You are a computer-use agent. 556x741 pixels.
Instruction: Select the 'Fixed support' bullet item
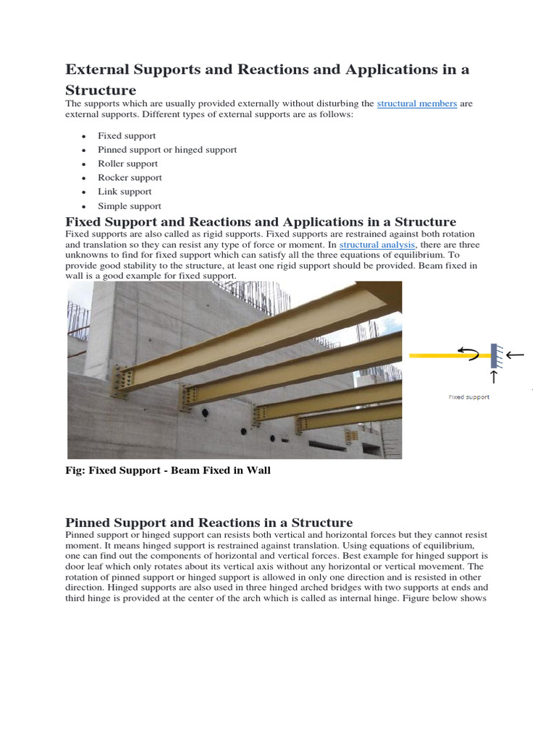pos(127,135)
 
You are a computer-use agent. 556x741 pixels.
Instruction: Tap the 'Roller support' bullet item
pos(127,164)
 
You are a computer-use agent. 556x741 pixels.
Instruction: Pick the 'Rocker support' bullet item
pos(130,177)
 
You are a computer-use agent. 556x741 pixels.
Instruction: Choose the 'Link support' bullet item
pos(125,192)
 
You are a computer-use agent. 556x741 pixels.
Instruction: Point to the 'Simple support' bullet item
pos(130,206)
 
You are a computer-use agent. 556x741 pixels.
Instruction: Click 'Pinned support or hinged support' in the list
pos(167,150)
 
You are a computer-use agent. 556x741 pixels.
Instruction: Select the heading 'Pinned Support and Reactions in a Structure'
pos(209,522)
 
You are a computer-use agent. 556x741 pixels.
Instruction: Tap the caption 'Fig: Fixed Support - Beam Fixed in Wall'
pos(168,470)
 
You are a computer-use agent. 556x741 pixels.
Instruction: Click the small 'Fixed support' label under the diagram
pos(468,397)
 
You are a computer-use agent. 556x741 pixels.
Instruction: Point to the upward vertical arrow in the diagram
pos(494,377)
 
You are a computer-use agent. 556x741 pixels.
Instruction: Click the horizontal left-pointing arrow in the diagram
pos(515,355)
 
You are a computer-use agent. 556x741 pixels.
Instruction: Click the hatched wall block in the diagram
pos(494,355)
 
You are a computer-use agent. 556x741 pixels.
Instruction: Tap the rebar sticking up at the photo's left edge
pos(74,318)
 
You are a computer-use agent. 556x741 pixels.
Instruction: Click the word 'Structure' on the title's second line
pos(101,90)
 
